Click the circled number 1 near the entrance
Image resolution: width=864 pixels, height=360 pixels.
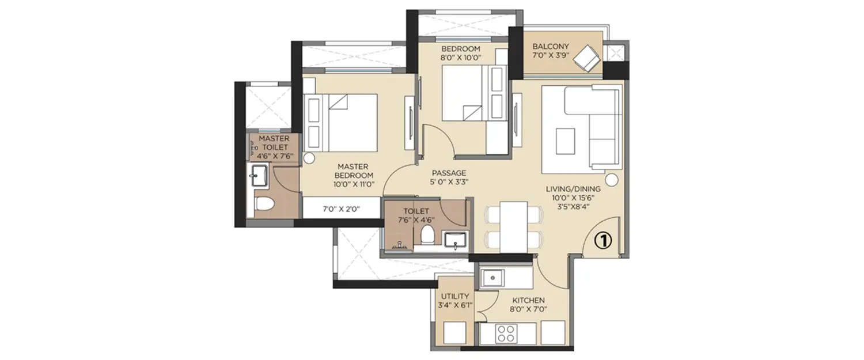(x=602, y=241)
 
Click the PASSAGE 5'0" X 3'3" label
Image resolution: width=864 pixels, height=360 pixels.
(x=449, y=177)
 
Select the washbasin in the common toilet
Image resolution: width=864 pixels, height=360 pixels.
(x=456, y=238)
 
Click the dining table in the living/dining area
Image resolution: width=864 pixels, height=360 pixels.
(x=514, y=226)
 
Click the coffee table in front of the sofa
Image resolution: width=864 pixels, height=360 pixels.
(x=565, y=141)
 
